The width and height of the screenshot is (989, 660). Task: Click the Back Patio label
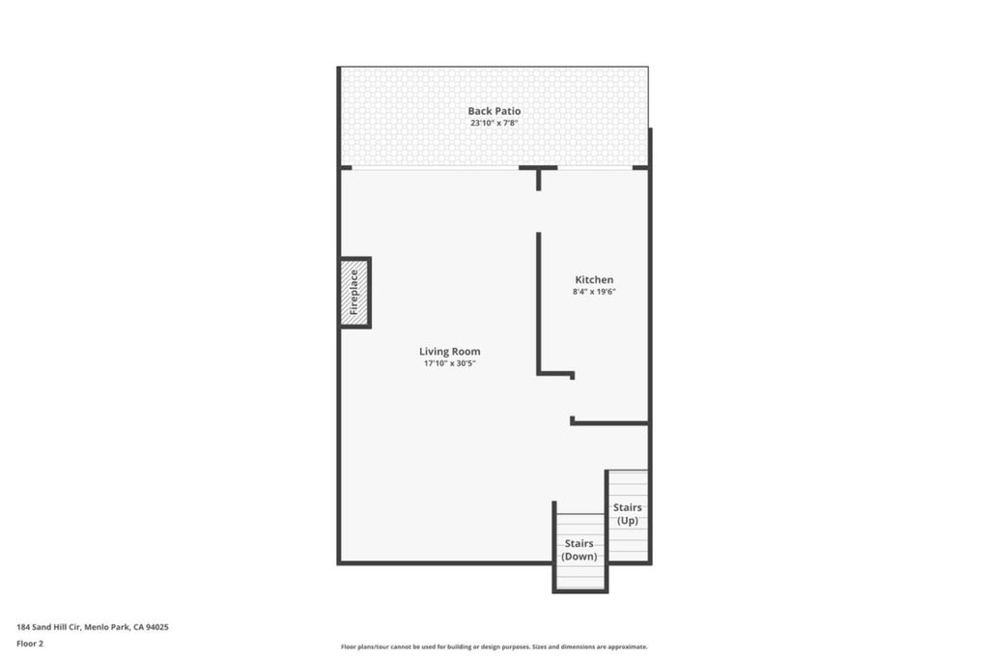[x=494, y=111]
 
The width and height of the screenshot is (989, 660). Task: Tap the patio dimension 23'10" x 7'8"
[x=494, y=123]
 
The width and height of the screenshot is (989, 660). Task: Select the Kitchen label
[x=594, y=279]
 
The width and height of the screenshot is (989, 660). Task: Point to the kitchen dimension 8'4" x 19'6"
[x=594, y=292]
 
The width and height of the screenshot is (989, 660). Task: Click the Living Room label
[x=450, y=352]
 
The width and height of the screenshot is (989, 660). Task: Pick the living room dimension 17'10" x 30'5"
[x=450, y=363]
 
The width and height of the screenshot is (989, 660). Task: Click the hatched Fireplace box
[x=354, y=292]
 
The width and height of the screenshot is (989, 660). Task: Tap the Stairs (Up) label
[x=628, y=514]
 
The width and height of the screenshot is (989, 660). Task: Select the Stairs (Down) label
[x=579, y=550]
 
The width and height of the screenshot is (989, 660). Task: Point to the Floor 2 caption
[x=30, y=644]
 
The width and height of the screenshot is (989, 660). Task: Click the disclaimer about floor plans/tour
[x=494, y=646]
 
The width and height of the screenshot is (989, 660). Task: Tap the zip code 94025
[x=157, y=627]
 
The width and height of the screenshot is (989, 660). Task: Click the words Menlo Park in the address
[x=106, y=627]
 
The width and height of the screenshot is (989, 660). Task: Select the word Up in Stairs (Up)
[x=628, y=521]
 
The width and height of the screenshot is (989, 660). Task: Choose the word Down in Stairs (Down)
[x=579, y=557]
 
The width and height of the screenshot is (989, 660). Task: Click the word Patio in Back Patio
[x=508, y=111]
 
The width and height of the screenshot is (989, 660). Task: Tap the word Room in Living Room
[x=466, y=352]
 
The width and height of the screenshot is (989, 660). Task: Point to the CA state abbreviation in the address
[x=138, y=627]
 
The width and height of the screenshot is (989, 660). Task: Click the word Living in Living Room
[x=434, y=352]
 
